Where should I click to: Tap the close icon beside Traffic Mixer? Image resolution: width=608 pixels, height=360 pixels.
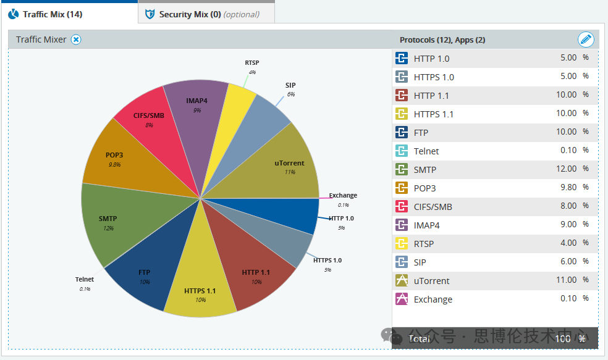pyautogui.click(x=76, y=40)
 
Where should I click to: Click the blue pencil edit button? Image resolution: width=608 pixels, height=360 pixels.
pyautogui.click(x=585, y=40)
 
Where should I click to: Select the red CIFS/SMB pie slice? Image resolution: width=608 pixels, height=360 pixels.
pyautogui.click(x=148, y=119)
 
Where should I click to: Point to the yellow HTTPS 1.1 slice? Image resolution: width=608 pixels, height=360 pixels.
pyautogui.click(x=200, y=293)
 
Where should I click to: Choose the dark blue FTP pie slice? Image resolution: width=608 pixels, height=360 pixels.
pyautogui.click(x=144, y=275)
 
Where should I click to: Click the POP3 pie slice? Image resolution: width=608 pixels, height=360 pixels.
pyautogui.click(x=114, y=158)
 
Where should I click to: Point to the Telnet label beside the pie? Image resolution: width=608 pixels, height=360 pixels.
pyautogui.click(x=85, y=280)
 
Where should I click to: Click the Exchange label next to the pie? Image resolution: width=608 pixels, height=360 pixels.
pyautogui.click(x=343, y=196)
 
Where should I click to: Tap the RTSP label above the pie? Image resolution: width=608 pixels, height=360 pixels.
pyautogui.click(x=252, y=62)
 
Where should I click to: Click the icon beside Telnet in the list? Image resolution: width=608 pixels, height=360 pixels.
pyautogui.click(x=402, y=151)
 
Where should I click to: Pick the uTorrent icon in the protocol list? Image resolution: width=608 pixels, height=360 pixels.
pyautogui.click(x=402, y=280)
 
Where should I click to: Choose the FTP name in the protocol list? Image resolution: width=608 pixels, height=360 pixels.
pyautogui.click(x=421, y=133)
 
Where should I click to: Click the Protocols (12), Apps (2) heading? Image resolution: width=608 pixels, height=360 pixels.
pyautogui.click(x=442, y=40)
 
